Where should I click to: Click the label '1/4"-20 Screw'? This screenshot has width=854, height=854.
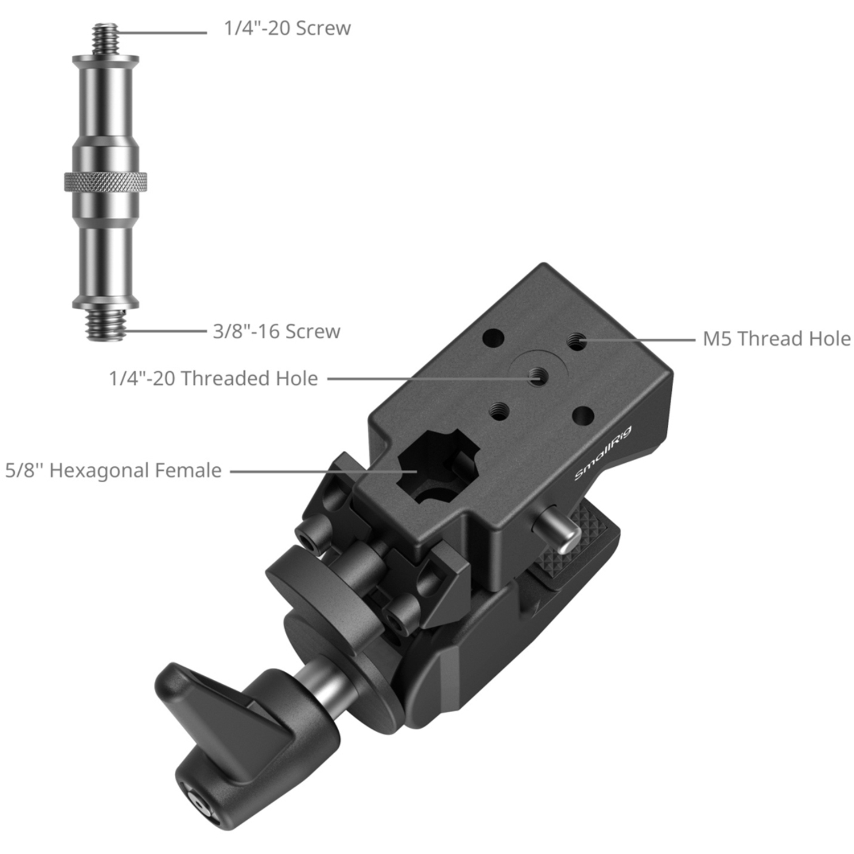click(x=287, y=28)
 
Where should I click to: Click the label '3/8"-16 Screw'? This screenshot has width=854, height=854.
click(x=277, y=331)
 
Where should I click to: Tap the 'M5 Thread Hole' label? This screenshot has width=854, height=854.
click(x=777, y=339)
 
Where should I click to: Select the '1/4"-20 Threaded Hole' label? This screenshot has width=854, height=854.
click(x=213, y=378)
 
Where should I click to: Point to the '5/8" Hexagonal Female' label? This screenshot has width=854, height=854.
click(x=113, y=471)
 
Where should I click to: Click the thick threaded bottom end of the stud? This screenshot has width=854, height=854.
click(x=106, y=325)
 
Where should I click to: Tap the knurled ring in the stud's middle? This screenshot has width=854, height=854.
click(x=106, y=182)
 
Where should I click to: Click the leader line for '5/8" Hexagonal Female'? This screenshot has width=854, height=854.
click(x=319, y=471)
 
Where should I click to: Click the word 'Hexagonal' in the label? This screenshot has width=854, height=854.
click(x=99, y=471)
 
